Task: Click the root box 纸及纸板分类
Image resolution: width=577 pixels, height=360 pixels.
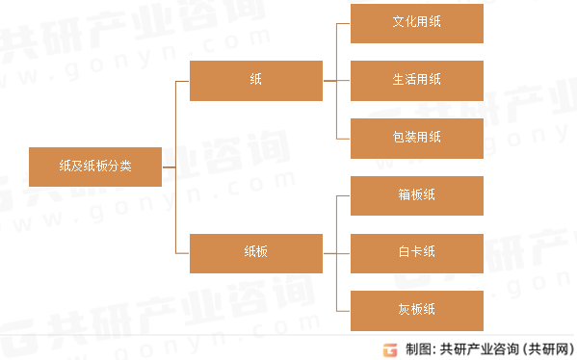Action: coord(95,167)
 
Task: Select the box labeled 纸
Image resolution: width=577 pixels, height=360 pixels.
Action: coord(255,81)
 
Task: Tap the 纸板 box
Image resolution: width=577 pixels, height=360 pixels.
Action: coord(255,252)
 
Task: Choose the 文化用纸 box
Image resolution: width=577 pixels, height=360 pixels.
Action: coord(416,23)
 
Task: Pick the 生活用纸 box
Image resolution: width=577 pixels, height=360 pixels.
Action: coord(416,80)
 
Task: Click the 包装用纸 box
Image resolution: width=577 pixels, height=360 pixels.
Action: coord(416,138)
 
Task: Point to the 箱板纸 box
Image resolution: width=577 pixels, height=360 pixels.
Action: coord(416,194)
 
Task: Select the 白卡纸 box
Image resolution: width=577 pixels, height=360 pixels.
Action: coord(416,252)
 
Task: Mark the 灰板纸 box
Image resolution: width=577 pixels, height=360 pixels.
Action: coord(416,309)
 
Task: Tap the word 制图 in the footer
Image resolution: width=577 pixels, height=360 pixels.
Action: coord(416,348)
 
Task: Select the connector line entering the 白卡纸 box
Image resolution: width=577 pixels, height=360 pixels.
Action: coord(342,252)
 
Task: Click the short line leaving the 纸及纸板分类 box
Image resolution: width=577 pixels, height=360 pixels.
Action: coord(169,167)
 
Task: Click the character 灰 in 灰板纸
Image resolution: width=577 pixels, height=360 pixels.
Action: coord(404,309)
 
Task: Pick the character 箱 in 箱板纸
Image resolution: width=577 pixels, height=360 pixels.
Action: coord(404,194)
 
